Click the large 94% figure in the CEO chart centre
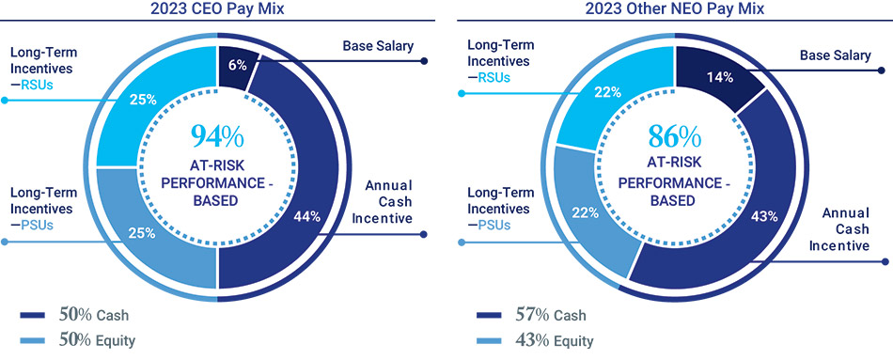[217, 136]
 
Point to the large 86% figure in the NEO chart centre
[674, 136]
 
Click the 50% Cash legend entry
[78, 315]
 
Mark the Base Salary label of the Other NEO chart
[835, 55]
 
